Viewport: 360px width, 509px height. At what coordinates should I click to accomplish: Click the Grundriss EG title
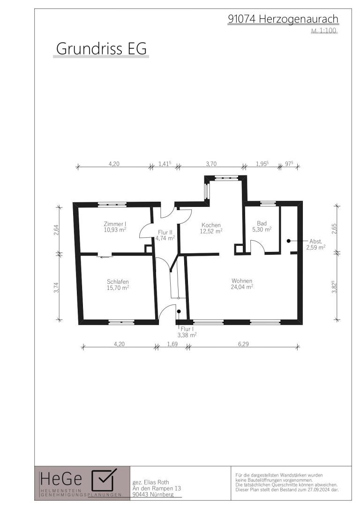tap(101, 48)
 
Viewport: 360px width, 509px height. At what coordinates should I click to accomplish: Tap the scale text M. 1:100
tap(324, 31)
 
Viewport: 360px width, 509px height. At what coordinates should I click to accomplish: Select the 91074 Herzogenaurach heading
tap(283, 19)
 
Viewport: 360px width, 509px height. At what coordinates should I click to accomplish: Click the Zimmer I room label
tap(114, 224)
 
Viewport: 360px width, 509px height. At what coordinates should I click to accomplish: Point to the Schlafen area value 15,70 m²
tap(118, 288)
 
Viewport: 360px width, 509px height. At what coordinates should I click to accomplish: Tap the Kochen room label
tap(211, 225)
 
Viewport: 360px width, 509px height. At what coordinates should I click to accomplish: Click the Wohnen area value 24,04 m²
tap(242, 287)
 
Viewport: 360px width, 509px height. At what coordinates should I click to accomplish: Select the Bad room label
tap(262, 223)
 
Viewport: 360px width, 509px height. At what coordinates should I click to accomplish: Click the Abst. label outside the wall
tap(315, 241)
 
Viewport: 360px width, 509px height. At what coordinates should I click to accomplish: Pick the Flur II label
tap(165, 232)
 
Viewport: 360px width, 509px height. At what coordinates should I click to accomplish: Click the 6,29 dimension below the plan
tap(243, 344)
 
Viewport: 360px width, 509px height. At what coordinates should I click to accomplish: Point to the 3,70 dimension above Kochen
tap(211, 164)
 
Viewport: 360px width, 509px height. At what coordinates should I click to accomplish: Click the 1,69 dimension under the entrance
tap(172, 344)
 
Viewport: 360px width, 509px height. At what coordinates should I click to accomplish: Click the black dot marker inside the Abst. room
tap(288, 241)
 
